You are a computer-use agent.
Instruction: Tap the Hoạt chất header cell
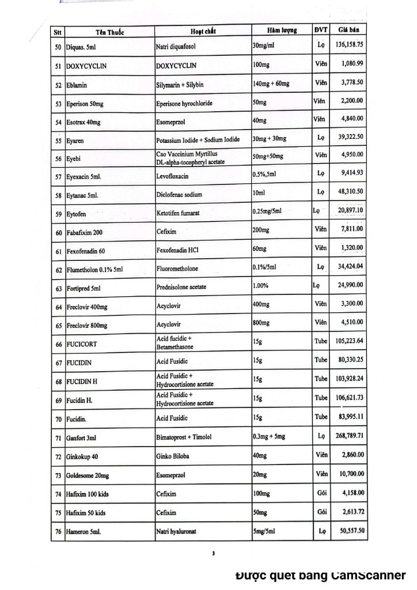click(x=202, y=31)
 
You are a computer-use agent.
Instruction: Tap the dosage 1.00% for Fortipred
click(x=263, y=286)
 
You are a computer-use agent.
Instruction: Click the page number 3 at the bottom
click(x=214, y=554)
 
